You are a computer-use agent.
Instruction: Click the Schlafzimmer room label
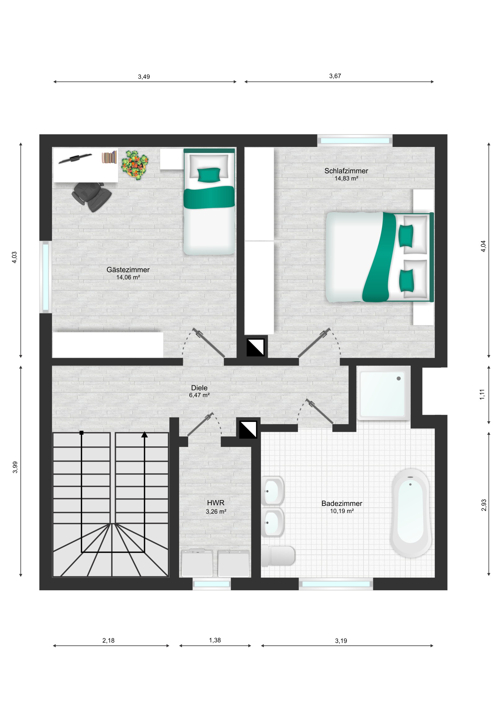(x=346, y=171)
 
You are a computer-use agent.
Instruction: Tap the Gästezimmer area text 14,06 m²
(x=128, y=277)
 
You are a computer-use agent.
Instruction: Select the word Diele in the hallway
(x=199, y=387)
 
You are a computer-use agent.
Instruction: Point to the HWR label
(x=215, y=503)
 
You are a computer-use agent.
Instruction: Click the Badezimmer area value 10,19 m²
(x=342, y=511)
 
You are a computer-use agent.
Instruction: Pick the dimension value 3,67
(x=335, y=76)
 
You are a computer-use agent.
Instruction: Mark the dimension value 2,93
(x=484, y=505)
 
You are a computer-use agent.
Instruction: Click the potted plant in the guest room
(x=135, y=165)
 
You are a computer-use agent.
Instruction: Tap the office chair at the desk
(x=92, y=197)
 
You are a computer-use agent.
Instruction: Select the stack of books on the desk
(x=109, y=157)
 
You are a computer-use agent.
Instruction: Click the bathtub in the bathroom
(x=410, y=513)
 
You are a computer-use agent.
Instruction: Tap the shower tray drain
(x=399, y=379)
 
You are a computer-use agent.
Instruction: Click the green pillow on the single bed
(x=209, y=175)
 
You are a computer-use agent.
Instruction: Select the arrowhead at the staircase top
(x=144, y=435)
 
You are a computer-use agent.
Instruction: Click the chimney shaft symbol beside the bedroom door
(x=255, y=348)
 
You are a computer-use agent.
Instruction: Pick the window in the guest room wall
(x=46, y=277)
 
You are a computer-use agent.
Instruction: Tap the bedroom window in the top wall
(x=355, y=141)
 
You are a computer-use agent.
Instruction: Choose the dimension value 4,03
(x=14, y=257)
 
